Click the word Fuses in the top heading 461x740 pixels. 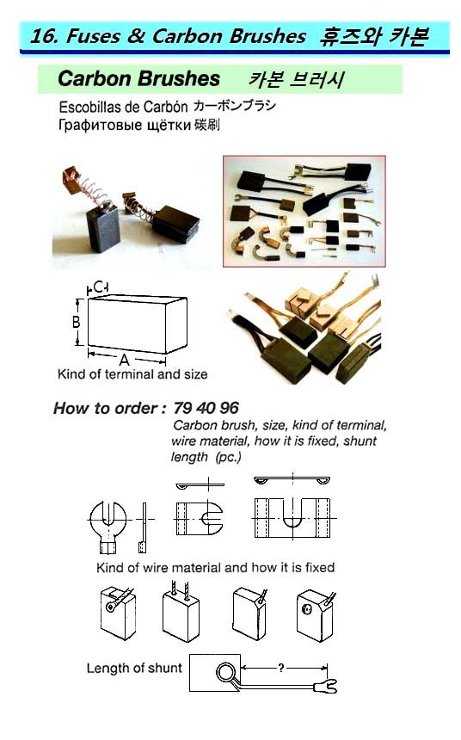(93, 36)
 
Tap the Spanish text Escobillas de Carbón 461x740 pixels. (123, 107)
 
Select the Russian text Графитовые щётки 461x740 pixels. (125, 125)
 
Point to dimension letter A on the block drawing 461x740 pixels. (124, 360)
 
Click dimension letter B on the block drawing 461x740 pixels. (76, 322)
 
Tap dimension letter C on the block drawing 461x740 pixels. (99, 287)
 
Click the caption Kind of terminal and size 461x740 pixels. (132, 374)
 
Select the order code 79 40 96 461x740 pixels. (206, 408)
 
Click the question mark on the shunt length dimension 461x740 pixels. (281, 668)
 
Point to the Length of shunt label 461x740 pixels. (134, 668)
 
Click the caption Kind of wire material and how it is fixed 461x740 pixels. (215, 567)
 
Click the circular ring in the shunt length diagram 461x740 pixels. (224, 673)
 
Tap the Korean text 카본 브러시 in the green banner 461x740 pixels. (297, 79)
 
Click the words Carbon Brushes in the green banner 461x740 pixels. (138, 79)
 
